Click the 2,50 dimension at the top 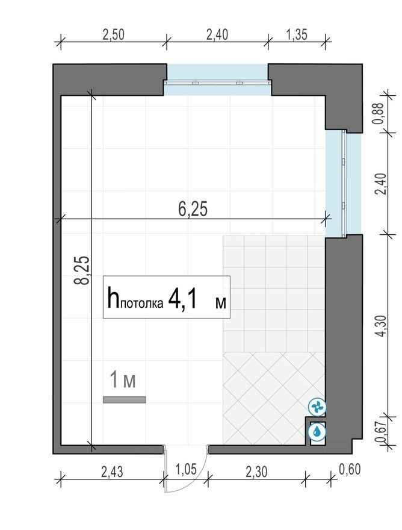click(x=114, y=35)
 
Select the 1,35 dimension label click(x=297, y=34)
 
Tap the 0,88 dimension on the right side click(x=379, y=113)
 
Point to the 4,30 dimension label click(x=381, y=326)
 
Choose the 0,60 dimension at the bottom click(x=350, y=469)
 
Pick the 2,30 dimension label click(x=256, y=472)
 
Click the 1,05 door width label click(x=186, y=469)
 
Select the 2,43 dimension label click(x=112, y=472)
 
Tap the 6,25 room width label click(x=193, y=209)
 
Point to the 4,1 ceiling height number click(x=182, y=299)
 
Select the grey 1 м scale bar click(x=125, y=399)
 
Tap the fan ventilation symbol click(x=318, y=407)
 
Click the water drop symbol click(x=317, y=431)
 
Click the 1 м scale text click(x=123, y=380)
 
